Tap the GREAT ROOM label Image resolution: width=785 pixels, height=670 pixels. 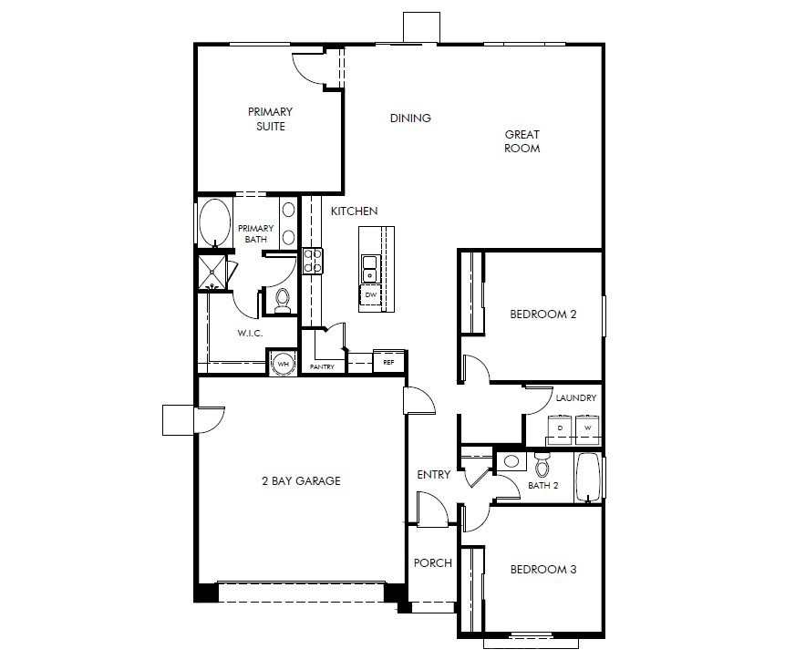(x=522, y=141)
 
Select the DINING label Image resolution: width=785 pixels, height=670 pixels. (x=410, y=119)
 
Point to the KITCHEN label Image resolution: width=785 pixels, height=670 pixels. (x=354, y=211)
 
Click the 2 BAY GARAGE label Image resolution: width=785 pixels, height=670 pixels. (x=300, y=480)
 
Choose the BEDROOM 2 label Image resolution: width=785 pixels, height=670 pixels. (x=542, y=314)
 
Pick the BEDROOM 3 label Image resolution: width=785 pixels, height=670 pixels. (x=542, y=570)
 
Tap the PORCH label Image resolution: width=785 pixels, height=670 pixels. (x=433, y=563)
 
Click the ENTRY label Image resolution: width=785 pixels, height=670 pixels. (x=434, y=475)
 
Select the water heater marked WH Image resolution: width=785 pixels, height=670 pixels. (x=283, y=363)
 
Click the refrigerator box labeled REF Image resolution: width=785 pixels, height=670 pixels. (x=388, y=362)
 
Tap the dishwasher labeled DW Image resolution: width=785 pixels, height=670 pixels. (x=371, y=295)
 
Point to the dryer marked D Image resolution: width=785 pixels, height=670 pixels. (x=560, y=427)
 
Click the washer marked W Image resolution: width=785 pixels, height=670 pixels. (x=588, y=427)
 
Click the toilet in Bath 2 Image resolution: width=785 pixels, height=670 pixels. (x=543, y=468)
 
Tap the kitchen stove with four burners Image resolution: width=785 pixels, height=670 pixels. (x=313, y=261)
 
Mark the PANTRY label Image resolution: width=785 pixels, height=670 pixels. (x=322, y=367)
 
